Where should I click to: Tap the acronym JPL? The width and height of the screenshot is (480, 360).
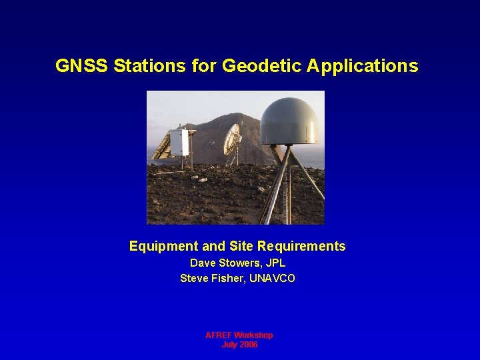(274, 263)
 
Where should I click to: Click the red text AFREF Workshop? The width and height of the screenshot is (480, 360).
(239, 335)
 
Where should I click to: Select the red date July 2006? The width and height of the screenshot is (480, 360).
(239, 345)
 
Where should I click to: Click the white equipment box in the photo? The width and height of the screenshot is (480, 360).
(179, 142)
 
